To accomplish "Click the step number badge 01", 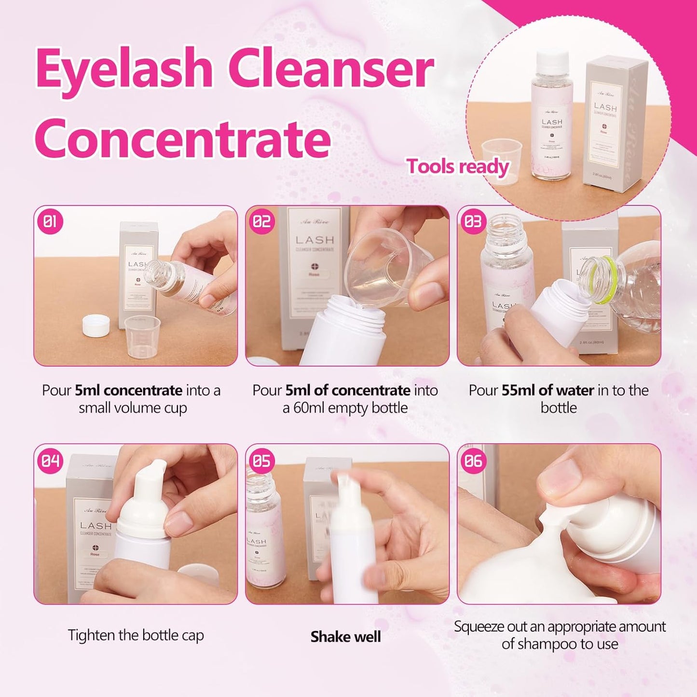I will point(50,222).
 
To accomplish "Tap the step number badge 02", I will point(262,222).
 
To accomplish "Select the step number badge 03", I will point(473,222).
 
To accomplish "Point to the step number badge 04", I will point(50,461).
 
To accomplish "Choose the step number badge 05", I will point(262,461).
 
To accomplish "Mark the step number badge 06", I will point(473,461).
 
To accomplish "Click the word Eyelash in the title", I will point(124,69).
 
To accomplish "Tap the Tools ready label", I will point(458,167).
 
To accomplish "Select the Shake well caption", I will point(345,637).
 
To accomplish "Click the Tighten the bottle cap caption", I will point(136,635).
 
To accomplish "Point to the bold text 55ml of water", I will point(547,390).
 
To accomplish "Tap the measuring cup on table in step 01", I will point(142,337).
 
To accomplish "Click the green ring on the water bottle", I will point(605,280).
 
